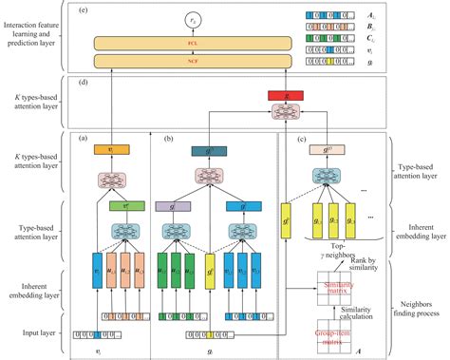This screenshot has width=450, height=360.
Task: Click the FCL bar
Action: coord(194,44)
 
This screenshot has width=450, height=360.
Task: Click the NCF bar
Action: coord(194,62)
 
